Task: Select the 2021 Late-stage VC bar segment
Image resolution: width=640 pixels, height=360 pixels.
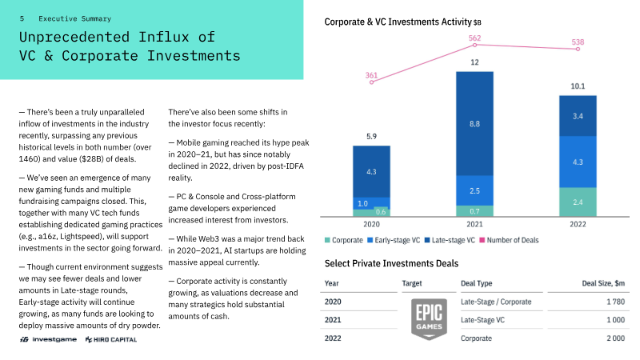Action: (x=474, y=124)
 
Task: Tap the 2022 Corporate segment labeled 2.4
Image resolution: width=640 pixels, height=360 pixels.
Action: (x=577, y=202)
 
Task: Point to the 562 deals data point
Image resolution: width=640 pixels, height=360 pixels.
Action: (x=474, y=45)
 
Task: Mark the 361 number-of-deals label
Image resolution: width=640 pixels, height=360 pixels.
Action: (x=371, y=75)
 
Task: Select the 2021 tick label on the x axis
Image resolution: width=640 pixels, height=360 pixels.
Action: (x=474, y=225)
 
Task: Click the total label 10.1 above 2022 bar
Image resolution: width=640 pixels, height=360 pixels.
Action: (x=577, y=86)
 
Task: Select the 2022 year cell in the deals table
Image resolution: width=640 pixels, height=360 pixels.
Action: (x=334, y=339)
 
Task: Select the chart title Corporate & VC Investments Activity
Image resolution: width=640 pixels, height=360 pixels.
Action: (x=398, y=22)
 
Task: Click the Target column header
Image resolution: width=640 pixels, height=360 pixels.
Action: (x=412, y=283)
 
